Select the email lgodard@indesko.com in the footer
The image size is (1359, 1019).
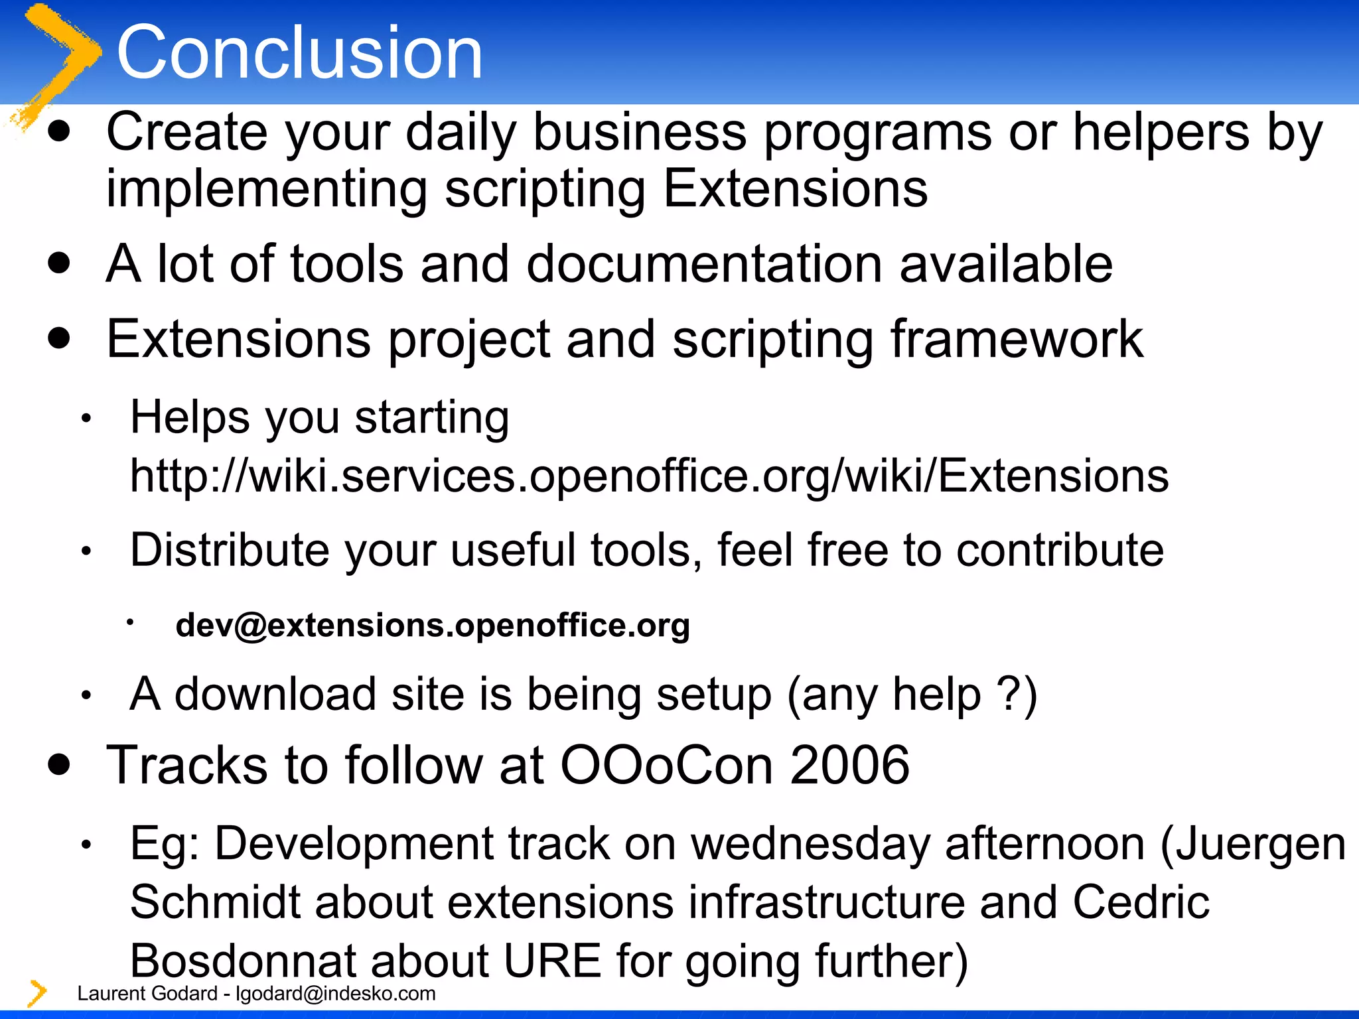coord(336,994)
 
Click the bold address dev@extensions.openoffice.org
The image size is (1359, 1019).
coord(433,626)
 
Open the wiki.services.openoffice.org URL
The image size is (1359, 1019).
coord(649,476)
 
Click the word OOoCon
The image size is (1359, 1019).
coord(667,765)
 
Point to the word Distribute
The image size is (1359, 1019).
coord(230,550)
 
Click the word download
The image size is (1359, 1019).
coord(275,695)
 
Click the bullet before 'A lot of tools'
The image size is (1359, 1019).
coord(60,263)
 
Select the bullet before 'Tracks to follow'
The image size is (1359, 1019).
coord(60,764)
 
